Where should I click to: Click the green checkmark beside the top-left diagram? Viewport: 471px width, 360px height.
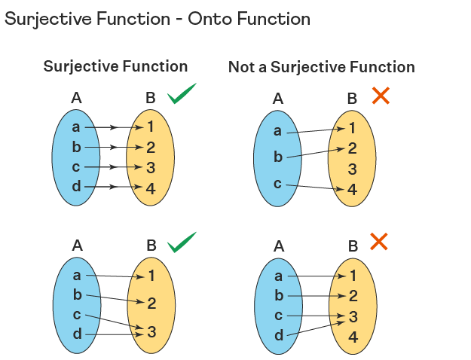pyautogui.click(x=182, y=94)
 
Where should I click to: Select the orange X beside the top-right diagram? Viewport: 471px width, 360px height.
pyautogui.click(x=381, y=95)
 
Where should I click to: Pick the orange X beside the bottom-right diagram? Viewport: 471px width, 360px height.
pyautogui.click(x=379, y=242)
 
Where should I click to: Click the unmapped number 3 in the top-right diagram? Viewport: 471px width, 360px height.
pyautogui.click(x=352, y=169)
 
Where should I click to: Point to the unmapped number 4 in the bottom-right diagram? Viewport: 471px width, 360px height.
pyautogui.click(x=353, y=337)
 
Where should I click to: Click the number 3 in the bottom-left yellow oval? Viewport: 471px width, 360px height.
pyautogui.click(x=151, y=331)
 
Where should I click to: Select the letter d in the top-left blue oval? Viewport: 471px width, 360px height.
pyautogui.click(x=76, y=186)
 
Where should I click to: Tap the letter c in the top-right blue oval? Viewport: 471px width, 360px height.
pyautogui.click(x=278, y=183)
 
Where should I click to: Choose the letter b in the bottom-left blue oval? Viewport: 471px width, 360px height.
pyautogui.click(x=77, y=295)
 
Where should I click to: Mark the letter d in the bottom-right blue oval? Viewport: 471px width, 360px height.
pyautogui.click(x=279, y=335)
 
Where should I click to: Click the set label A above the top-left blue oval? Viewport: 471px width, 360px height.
pyautogui.click(x=76, y=97)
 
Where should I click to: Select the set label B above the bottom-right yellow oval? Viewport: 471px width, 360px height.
pyautogui.click(x=353, y=246)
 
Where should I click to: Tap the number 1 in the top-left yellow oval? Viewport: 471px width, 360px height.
pyautogui.click(x=151, y=127)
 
